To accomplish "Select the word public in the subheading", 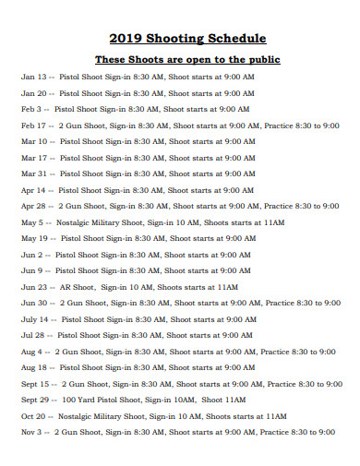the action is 258,59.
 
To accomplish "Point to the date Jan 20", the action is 33,93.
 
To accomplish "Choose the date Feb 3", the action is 30,109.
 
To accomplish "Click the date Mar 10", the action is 33,141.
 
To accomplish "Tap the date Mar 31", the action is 33,173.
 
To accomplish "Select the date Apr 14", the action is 33,189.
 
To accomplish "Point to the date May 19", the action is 34,238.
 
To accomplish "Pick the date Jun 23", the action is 33,286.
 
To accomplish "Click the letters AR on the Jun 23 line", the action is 66,286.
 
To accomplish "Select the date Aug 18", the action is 34,367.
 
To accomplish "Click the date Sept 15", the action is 35,383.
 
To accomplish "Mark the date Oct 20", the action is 33,415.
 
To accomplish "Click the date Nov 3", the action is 31,431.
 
